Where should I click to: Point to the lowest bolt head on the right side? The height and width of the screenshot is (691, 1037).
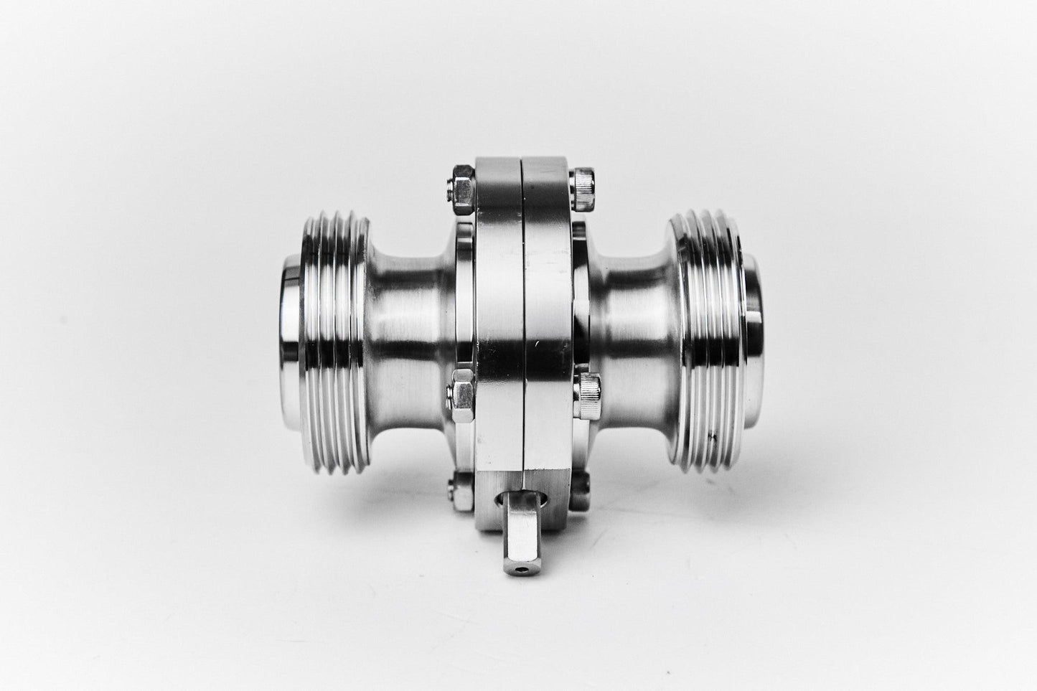582,482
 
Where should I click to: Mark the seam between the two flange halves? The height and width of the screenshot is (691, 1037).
524,323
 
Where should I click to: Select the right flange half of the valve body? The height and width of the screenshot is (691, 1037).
549,323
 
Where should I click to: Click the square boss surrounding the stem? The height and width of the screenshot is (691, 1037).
518,502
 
